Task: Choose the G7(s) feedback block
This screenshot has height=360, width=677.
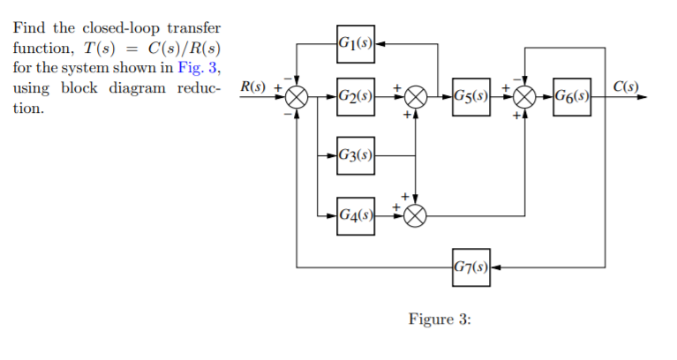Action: (469, 266)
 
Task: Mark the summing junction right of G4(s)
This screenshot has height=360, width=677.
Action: (416, 214)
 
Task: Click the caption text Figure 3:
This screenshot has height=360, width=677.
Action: (440, 319)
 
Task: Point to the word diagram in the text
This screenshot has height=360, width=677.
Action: (143, 89)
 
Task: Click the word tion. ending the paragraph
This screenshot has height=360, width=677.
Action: (26, 109)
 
